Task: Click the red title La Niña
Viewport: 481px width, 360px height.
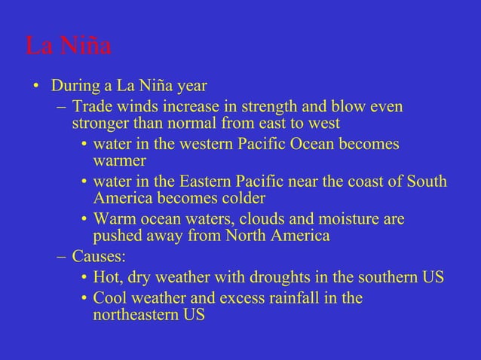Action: (x=69, y=46)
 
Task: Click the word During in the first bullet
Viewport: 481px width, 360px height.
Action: (x=75, y=84)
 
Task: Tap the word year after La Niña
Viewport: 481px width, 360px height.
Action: (x=191, y=84)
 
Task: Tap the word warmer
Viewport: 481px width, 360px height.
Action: (x=119, y=160)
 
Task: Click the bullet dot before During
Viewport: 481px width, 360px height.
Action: (x=35, y=85)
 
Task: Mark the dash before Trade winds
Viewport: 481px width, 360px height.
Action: (x=62, y=107)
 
